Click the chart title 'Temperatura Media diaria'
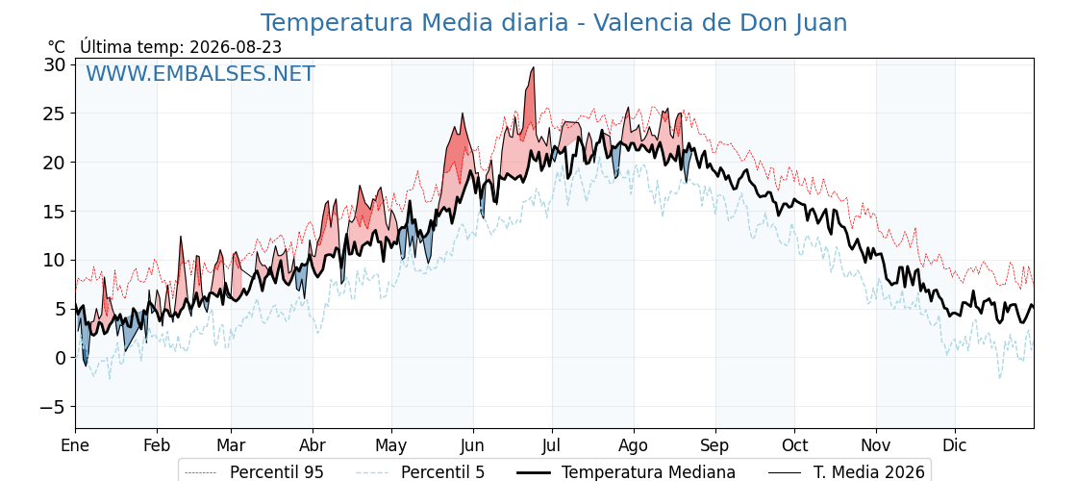(x=414, y=23)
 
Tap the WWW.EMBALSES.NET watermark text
(x=201, y=73)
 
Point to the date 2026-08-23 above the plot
(x=236, y=47)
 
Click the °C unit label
(x=57, y=47)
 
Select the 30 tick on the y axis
(x=56, y=64)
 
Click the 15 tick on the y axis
(x=56, y=211)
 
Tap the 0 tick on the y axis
(x=62, y=358)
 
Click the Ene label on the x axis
(x=75, y=445)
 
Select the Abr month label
(x=313, y=445)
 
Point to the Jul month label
(x=552, y=445)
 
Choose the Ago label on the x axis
(x=634, y=445)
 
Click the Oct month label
(x=794, y=445)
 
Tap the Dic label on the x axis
(x=955, y=445)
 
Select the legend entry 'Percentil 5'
(x=421, y=472)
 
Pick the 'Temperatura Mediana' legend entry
(x=625, y=472)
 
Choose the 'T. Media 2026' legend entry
(x=846, y=472)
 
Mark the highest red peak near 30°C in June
(x=533, y=68)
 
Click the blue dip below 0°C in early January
(x=86, y=365)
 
